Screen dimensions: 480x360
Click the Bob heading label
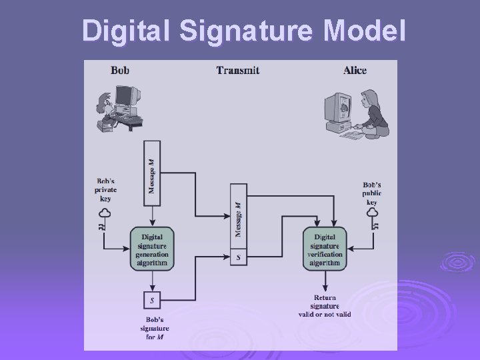click(x=121, y=69)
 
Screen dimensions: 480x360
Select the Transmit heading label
click(x=238, y=69)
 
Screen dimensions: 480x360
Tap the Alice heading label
click(x=355, y=69)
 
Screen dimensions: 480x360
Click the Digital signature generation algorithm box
click(x=152, y=248)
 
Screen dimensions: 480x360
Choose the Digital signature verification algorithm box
click(x=325, y=248)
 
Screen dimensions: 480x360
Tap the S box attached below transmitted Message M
click(x=239, y=257)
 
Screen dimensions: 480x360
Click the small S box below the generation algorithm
click(x=152, y=300)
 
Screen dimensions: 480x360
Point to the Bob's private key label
click(x=105, y=189)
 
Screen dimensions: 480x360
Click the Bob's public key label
click(x=372, y=193)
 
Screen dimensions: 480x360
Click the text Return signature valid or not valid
click(x=325, y=306)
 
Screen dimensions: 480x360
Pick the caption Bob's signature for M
click(x=155, y=328)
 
